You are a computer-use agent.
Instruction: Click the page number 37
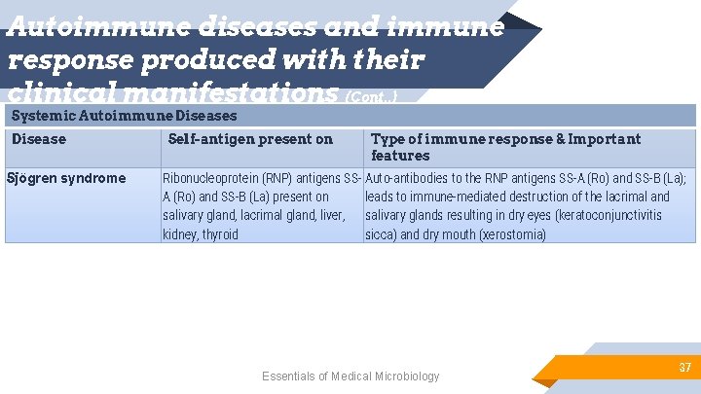coord(684,368)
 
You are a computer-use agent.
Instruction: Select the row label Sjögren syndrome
coord(66,178)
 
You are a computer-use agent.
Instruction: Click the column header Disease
coord(39,139)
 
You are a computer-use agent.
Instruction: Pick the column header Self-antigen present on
coord(250,139)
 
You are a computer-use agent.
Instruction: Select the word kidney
coord(179,234)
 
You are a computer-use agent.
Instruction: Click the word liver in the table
coord(331,215)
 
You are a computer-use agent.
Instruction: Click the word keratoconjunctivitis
coord(605,215)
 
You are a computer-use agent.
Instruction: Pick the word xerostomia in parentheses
coord(511,234)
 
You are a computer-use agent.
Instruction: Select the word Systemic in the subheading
coord(42,117)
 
